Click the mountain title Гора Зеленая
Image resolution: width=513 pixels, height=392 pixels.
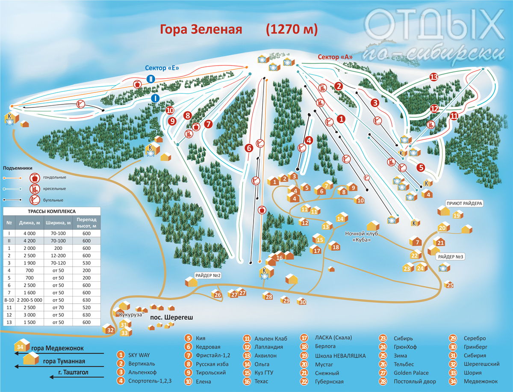(201, 30)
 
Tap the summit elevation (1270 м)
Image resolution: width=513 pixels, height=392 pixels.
(292, 30)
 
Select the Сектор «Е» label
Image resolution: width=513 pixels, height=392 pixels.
(162, 68)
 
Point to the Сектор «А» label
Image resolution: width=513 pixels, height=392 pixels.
(335, 57)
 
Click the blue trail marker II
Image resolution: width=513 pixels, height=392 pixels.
(151, 79)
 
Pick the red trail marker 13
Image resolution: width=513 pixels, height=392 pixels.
(433, 77)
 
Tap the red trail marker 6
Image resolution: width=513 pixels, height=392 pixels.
(249, 148)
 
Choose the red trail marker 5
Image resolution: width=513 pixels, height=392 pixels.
(421, 167)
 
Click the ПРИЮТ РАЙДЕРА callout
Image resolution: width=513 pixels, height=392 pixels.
(464, 203)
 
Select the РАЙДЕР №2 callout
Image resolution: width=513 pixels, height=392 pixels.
(208, 276)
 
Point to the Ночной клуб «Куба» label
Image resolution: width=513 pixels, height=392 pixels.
(362, 237)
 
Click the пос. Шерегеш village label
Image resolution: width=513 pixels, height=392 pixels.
(171, 318)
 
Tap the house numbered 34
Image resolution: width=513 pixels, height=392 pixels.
(22, 345)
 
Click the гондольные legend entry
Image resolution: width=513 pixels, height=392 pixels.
(54, 177)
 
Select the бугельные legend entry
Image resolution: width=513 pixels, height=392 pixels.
(53, 200)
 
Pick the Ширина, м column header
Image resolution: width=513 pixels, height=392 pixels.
(58, 223)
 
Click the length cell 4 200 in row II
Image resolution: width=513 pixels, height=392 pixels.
(29, 241)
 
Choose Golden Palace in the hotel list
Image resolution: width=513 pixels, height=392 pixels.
(411, 373)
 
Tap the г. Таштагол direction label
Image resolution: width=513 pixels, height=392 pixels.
(74, 372)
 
